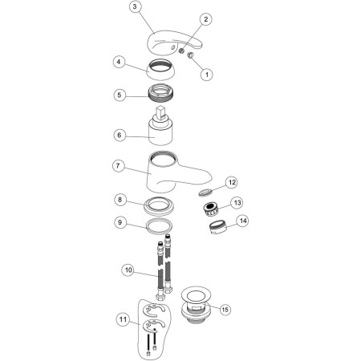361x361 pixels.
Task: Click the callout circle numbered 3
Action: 135,6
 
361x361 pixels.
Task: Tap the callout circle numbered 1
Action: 207,75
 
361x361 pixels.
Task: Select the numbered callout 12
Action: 232,183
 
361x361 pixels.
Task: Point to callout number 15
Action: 225,310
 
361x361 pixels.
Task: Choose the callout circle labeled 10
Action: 128,270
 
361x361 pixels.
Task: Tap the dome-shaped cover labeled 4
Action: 159,70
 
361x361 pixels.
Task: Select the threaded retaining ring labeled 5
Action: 160,93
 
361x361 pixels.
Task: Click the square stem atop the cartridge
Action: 160,113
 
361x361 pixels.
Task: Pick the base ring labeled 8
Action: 159,205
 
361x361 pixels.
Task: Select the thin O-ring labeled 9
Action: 159,226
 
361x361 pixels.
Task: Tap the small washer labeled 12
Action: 205,192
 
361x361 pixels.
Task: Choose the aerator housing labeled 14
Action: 217,227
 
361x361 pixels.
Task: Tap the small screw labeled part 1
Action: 190,55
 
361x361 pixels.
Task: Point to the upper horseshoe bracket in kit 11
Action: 153,310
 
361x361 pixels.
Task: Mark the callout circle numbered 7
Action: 119,166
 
